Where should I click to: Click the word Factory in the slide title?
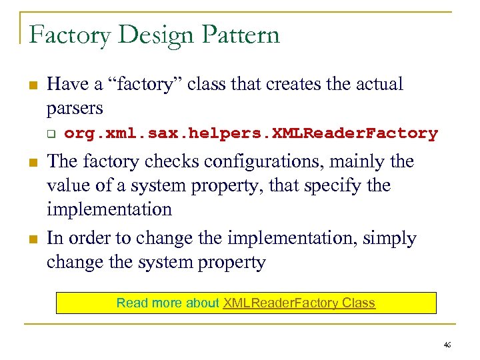(70, 35)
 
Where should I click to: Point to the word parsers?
(75, 108)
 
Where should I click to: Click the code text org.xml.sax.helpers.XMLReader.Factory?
(251, 133)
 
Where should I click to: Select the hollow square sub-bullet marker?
(50, 133)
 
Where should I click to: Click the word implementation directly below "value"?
(109, 209)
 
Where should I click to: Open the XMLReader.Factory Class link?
(299, 303)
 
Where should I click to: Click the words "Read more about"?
(168, 303)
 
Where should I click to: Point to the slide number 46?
(447, 344)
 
